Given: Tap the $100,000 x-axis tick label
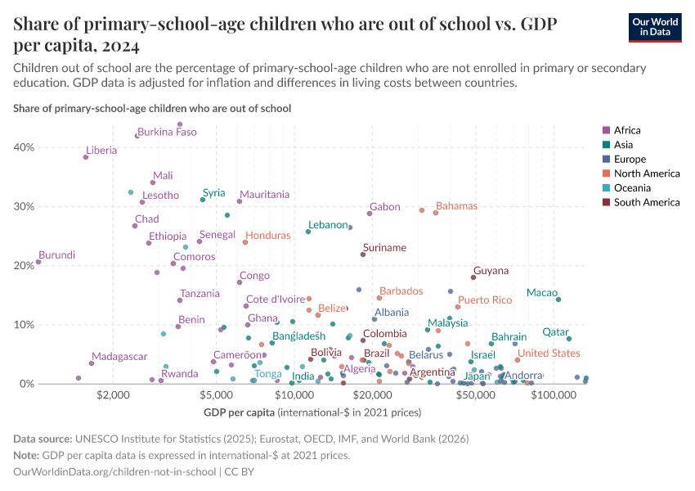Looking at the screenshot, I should tap(554, 395).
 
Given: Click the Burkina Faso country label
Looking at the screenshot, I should tap(167, 132).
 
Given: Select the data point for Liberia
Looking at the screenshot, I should tap(86, 157).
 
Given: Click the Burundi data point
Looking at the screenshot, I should tap(38, 262).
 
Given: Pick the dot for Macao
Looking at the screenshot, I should tap(558, 300).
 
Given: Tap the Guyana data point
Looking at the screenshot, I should tap(473, 277).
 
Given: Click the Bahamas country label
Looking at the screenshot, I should tap(462, 206).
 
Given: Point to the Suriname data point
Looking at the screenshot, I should tap(363, 255).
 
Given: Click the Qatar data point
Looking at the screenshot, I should tap(569, 339).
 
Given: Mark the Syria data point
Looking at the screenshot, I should tap(203, 200).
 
